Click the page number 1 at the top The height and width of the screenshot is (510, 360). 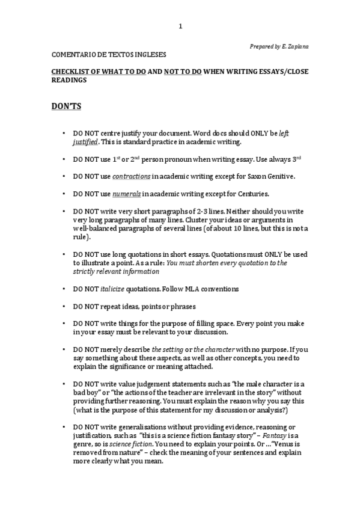[x=180, y=26]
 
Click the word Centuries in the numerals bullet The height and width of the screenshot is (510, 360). [x=252, y=194]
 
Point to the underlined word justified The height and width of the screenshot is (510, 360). [x=85, y=141]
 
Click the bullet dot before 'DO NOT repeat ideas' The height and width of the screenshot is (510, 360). [x=64, y=306]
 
